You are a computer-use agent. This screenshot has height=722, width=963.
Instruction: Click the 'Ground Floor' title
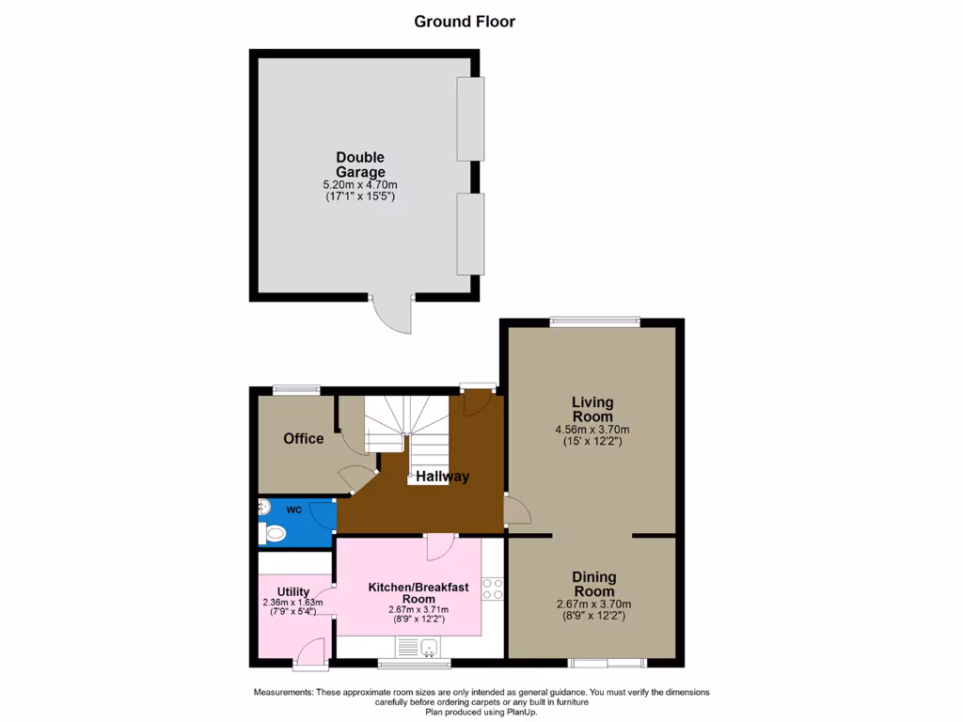(465, 22)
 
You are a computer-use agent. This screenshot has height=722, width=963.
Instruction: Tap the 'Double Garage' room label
(360, 165)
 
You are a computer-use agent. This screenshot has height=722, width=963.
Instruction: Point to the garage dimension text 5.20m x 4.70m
(360, 185)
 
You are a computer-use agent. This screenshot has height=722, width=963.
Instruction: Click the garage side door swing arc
(394, 317)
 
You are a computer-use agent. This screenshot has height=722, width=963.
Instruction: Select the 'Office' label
(304, 439)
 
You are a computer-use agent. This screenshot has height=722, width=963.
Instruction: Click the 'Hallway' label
(443, 477)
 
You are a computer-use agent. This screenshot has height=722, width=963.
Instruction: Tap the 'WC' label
(294, 510)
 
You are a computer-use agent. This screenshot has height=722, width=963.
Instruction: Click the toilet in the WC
(274, 534)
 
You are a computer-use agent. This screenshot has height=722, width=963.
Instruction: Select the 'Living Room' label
(592, 409)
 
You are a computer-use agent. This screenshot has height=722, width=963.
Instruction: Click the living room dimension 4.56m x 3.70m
(592, 430)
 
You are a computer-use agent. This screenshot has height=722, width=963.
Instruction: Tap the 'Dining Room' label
(593, 584)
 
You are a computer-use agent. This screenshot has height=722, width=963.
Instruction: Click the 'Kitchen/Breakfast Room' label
(418, 593)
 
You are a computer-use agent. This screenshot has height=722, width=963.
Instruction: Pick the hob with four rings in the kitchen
(493, 589)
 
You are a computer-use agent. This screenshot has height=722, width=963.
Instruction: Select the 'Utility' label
(293, 591)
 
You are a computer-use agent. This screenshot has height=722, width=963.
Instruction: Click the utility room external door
(311, 653)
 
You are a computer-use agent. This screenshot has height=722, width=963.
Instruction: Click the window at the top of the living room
(594, 322)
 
